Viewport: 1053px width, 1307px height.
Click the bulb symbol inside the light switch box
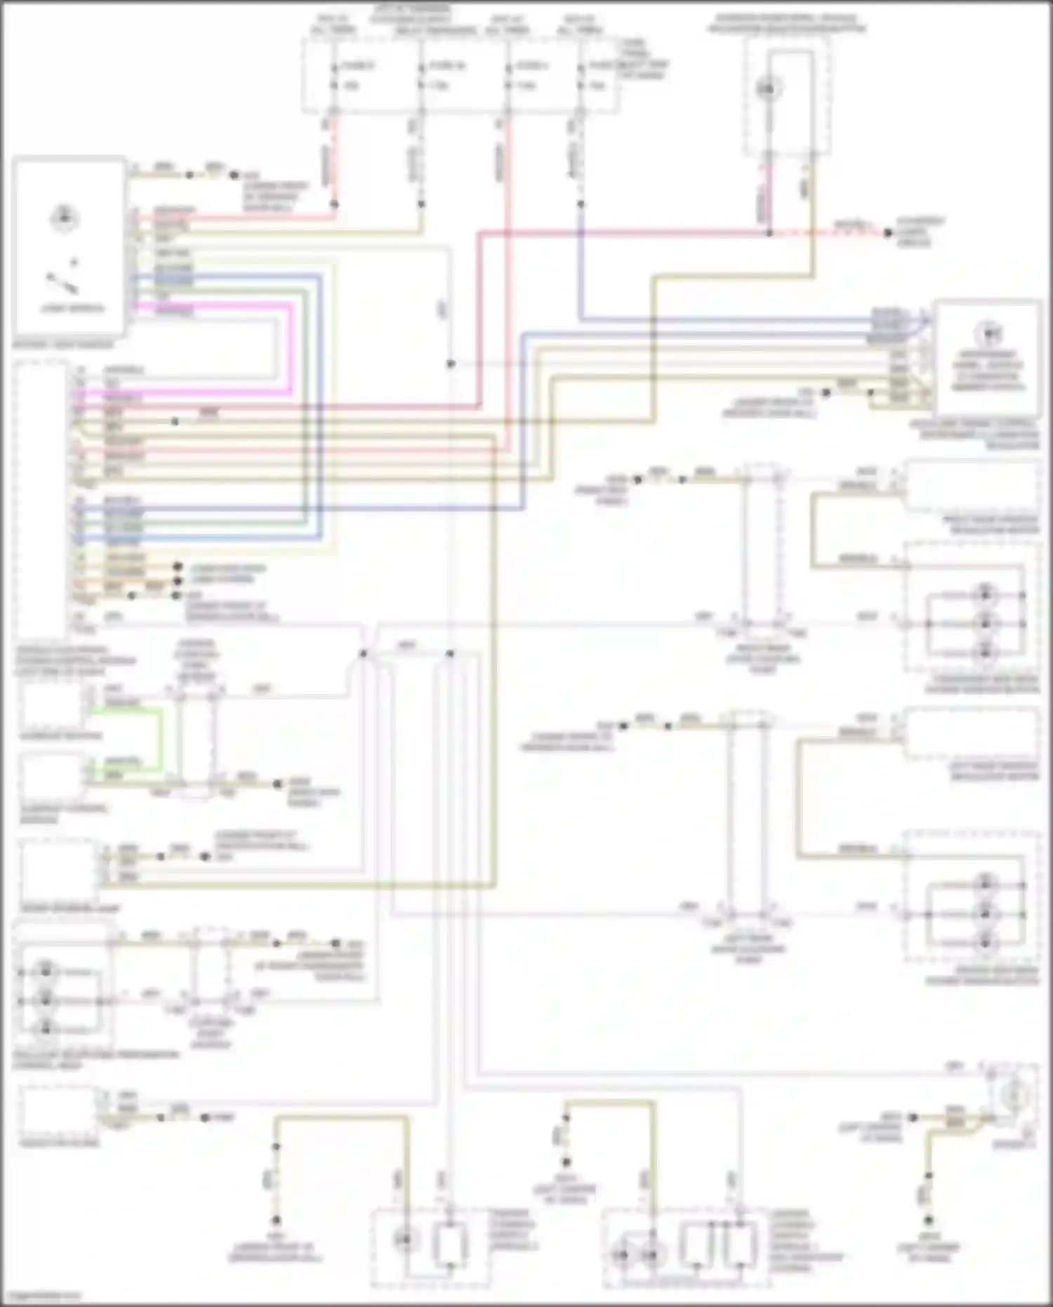(64, 218)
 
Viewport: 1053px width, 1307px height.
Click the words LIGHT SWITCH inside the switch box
(72, 308)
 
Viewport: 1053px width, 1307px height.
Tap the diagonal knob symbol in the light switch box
(62, 284)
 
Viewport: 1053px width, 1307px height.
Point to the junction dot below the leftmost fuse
(334, 204)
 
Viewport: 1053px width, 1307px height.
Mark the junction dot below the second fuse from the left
(421, 204)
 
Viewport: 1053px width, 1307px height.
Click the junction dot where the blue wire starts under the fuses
(581, 204)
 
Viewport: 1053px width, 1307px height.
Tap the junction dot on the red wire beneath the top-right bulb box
(769, 232)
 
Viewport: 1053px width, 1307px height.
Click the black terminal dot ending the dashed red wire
(887, 232)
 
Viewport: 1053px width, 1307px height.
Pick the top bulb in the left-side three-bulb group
(46, 972)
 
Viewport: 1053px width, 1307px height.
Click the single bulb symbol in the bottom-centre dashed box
(405, 1240)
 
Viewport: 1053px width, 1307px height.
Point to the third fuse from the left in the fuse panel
(508, 76)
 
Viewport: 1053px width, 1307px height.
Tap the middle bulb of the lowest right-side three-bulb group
(986, 914)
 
